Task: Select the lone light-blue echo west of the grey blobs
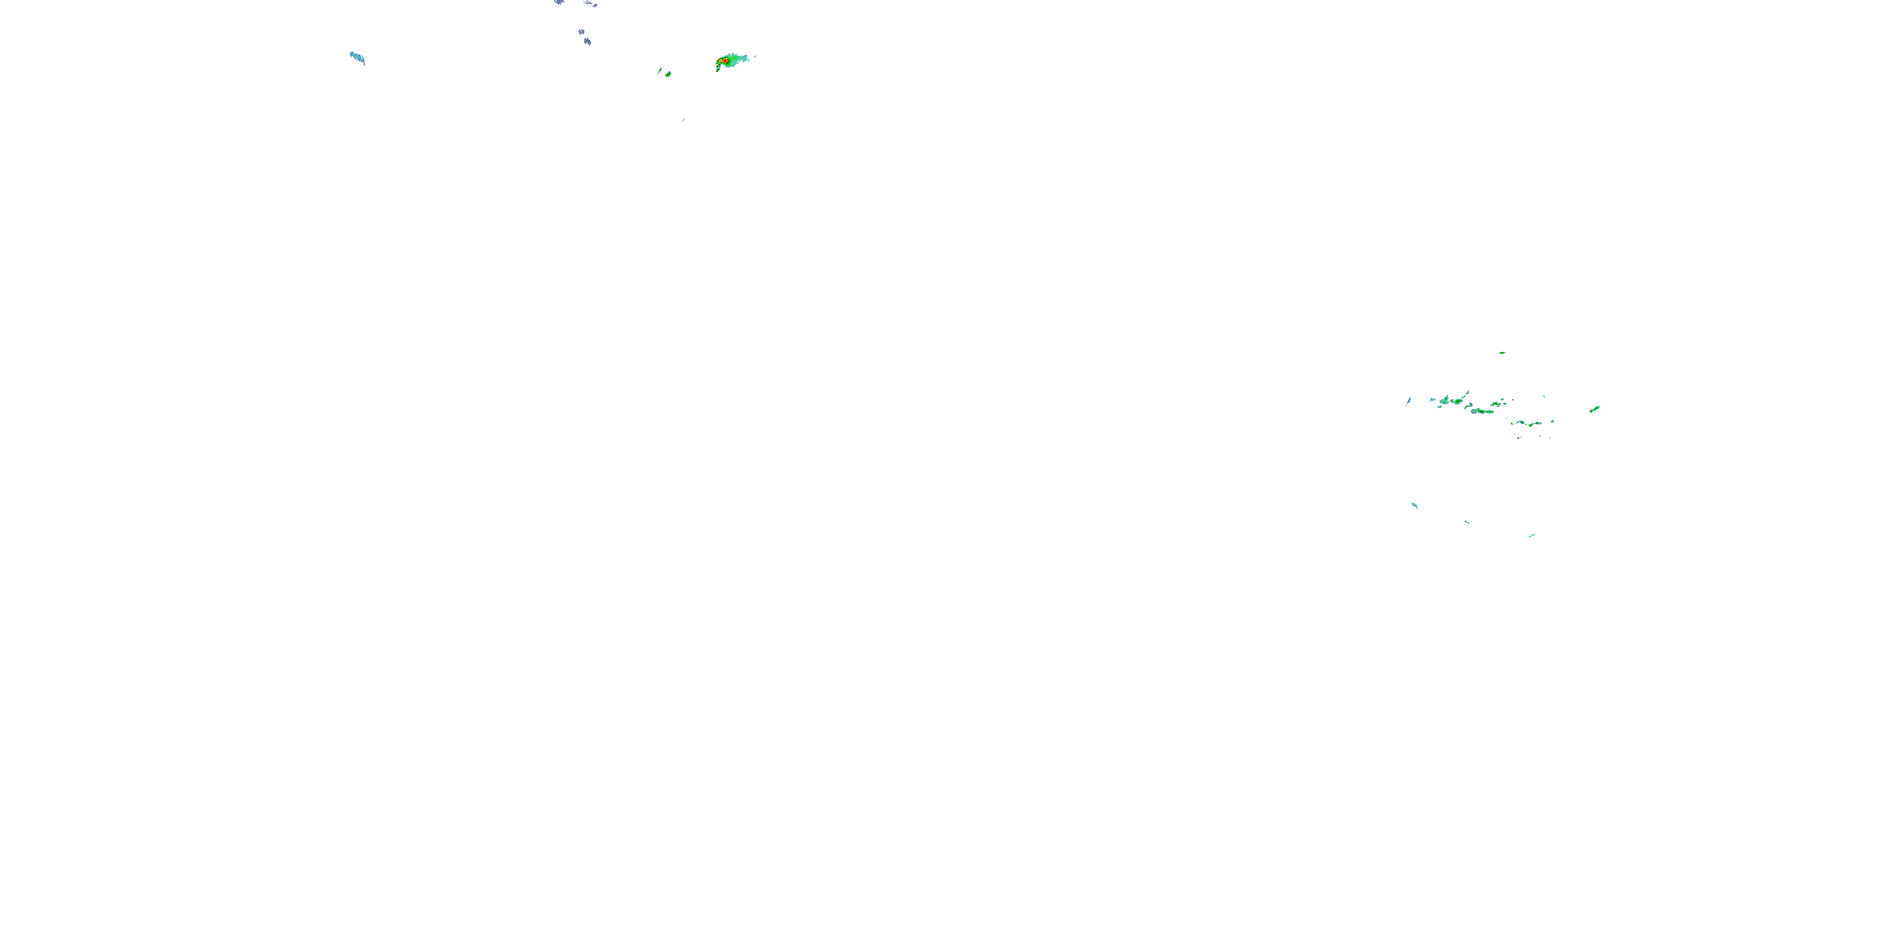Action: pyautogui.click(x=357, y=57)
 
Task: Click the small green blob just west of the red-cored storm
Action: pyautogui.click(x=668, y=74)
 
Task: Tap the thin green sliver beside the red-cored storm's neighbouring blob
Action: pyautogui.click(x=659, y=71)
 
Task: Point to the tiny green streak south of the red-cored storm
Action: pyautogui.click(x=683, y=120)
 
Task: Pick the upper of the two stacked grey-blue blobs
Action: pyautogui.click(x=581, y=32)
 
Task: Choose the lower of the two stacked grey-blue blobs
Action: pyautogui.click(x=587, y=42)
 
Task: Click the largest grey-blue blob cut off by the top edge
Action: pyautogui.click(x=559, y=2)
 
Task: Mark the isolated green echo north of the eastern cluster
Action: pyautogui.click(x=1503, y=353)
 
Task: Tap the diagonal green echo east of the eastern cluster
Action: pyautogui.click(x=1595, y=409)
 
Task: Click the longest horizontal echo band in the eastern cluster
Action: pyautogui.click(x=1483, y=411)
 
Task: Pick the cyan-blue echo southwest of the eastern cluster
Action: pyautogui.click(x=1414, y=505)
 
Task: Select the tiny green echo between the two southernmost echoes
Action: pyautogui.click(x=1467, y=522)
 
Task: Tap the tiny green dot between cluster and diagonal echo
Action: pyautogui.click(x=1544, y=397)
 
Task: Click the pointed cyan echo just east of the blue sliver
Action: pyautogui.click(x=1432, y=400)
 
